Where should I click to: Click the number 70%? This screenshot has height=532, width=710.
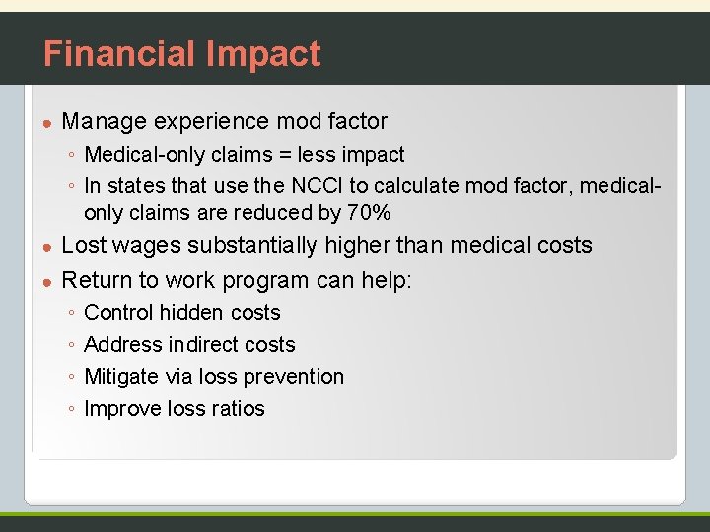pos(370,212)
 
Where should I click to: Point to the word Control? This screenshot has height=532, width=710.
pos(119,313)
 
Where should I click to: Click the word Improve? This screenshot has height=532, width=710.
pos(122,409)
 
